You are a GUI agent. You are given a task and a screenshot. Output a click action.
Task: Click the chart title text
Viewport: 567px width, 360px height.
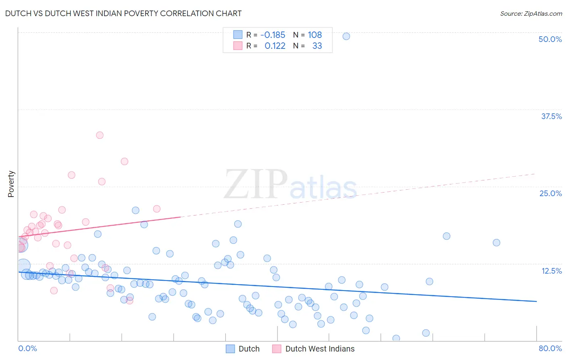point(123,13)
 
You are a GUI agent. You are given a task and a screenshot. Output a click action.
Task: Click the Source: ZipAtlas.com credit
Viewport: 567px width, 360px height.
point(531,13)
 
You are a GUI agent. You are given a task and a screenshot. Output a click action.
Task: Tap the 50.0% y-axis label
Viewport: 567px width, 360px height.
point(550,39)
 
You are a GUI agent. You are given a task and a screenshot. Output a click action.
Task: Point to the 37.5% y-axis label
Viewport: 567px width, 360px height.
point(551,116)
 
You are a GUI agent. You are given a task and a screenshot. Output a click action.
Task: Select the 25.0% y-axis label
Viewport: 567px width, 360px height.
point(550,193)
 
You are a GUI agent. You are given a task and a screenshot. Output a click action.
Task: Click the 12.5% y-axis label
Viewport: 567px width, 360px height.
point(551,271)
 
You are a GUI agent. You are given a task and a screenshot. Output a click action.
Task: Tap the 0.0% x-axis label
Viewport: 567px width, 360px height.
point(27,348)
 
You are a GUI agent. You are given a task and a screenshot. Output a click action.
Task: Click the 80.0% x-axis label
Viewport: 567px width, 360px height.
point(550,348)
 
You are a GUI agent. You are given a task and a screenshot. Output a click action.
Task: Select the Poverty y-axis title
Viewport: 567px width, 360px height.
point(11,184)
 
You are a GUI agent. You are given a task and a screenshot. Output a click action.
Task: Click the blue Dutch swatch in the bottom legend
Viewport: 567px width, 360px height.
point(230,349)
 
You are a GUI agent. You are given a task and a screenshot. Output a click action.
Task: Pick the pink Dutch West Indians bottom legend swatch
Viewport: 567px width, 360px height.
point(277,349)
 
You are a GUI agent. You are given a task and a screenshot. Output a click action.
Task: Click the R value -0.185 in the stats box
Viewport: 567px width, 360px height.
point(273,35)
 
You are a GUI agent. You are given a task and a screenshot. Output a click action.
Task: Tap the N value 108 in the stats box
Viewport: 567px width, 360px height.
point(315,35)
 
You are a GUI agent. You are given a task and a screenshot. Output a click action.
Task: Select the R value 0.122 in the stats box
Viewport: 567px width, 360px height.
point(275,46)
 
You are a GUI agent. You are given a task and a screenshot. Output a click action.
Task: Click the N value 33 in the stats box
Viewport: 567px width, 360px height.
point(317,46)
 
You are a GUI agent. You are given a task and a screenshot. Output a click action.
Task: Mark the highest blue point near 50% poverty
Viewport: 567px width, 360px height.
point(346,36)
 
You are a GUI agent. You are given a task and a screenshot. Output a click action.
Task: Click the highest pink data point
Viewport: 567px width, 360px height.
point(100,135)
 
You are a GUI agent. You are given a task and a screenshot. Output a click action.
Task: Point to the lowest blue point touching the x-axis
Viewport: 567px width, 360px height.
point(396,338)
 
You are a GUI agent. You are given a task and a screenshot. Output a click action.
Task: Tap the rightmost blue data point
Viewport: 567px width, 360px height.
point(496,243)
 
